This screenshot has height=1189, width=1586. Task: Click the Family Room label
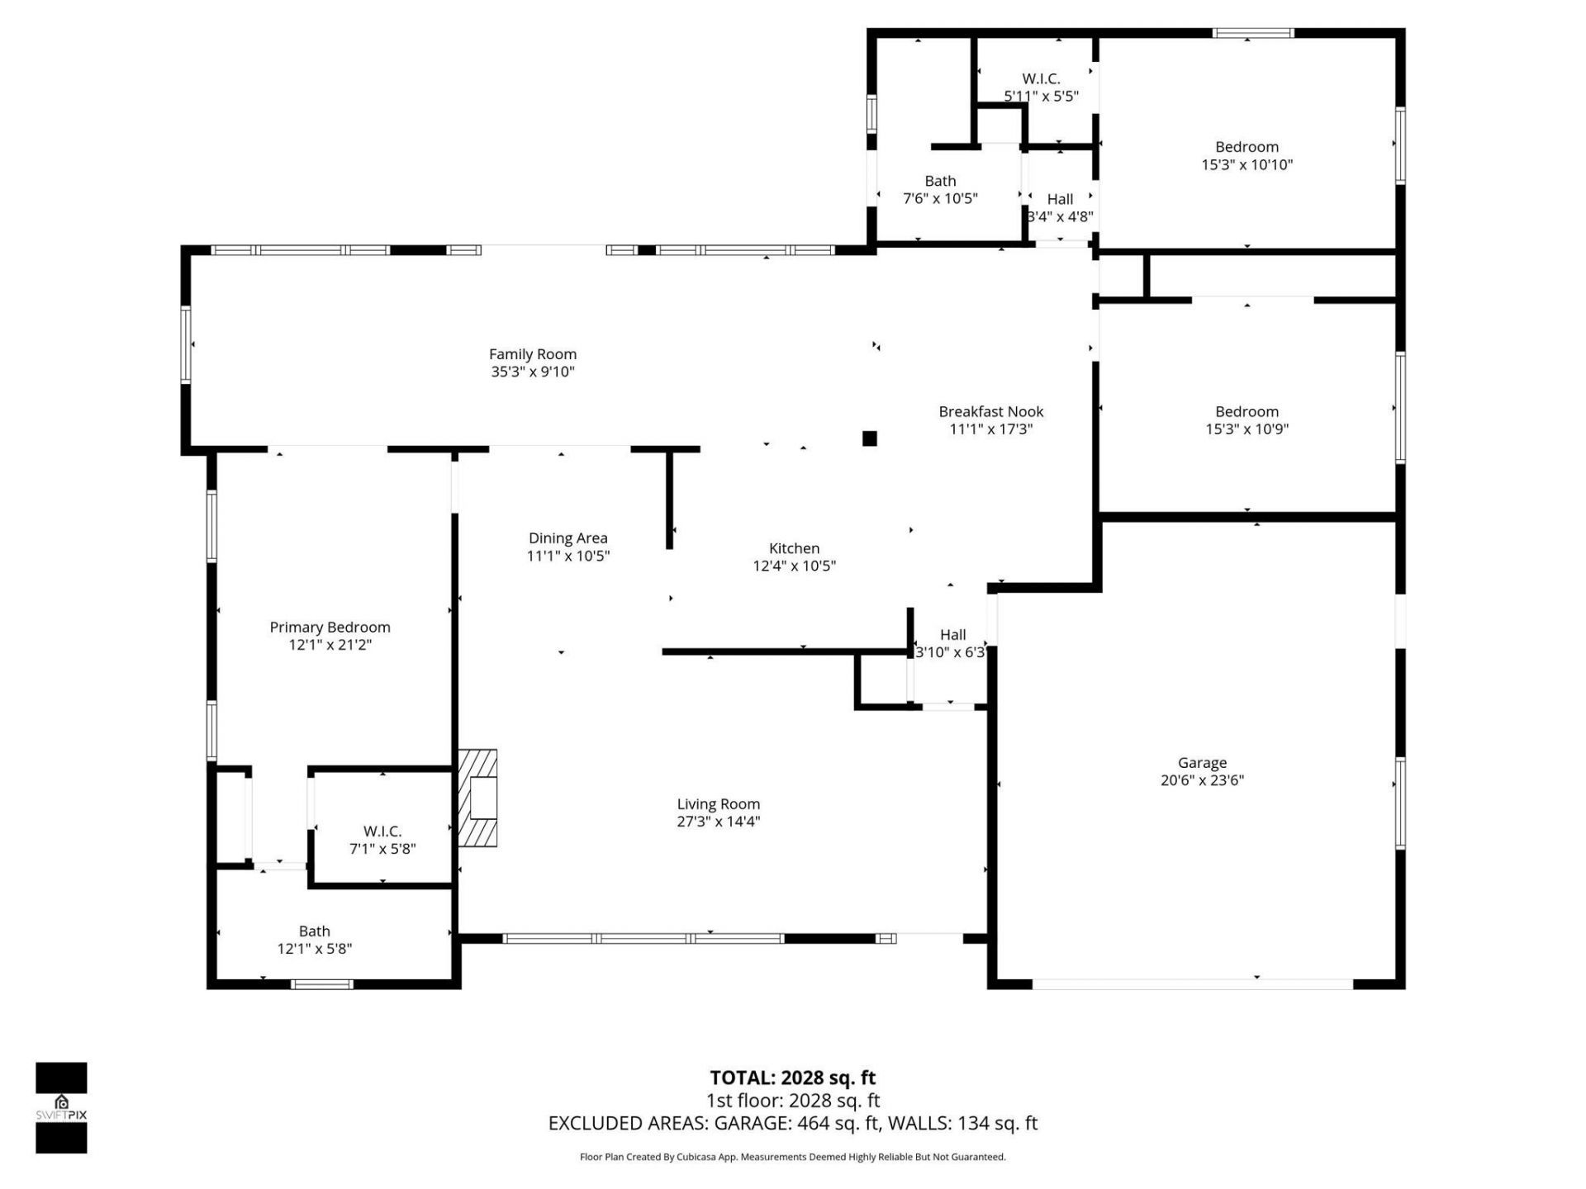tap(532, 354)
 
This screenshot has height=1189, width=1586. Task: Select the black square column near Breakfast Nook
tap(869, 438)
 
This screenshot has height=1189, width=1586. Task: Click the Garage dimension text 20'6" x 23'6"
tap(1202, 780)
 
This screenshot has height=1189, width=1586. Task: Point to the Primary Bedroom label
tap(330, 628)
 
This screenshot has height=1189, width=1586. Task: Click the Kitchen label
tap(794, 548)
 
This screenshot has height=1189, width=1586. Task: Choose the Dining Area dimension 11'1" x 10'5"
tap(567, 557)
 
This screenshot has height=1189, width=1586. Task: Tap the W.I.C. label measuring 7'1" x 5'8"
tap(382, 831)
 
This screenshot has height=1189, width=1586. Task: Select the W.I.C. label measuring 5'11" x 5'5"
tap(1041, 79)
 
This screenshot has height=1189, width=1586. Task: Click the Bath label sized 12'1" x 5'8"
tap(314, 931)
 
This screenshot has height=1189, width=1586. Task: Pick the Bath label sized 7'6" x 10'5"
tap(940, 181)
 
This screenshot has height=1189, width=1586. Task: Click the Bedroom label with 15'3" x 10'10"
tap(1246, 147)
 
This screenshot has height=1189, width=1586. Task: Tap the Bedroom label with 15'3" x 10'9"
tap(1246, 411)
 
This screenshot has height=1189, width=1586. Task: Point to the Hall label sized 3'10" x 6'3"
tap(952, 635)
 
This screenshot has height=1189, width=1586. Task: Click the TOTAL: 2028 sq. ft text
tap(792, 1078)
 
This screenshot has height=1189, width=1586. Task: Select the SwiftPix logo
tap(61, 1107)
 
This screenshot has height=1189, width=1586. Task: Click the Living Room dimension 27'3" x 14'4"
tap(718, 822)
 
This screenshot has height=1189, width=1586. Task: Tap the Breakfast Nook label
tap(990, 411)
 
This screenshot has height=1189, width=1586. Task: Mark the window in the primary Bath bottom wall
tap(322, 983)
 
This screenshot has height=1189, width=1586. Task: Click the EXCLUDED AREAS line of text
tap(792, 1123)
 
